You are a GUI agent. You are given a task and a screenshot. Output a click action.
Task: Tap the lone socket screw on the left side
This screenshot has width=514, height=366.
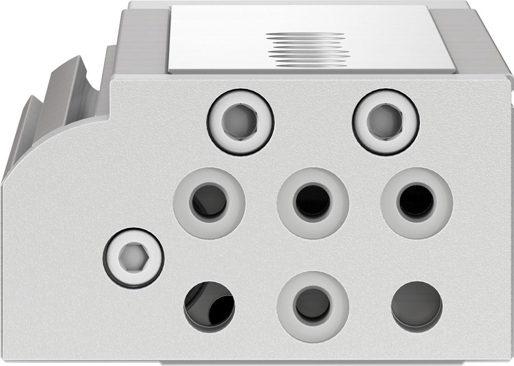point(133,257)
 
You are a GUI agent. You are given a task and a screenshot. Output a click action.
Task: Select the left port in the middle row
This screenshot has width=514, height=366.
point(209,202)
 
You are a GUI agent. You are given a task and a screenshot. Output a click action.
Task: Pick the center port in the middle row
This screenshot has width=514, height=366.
point(313,202)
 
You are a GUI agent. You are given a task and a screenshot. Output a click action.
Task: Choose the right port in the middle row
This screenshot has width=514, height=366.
point(416,202)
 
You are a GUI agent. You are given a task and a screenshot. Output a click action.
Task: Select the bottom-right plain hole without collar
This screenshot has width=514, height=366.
point(416,306)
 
